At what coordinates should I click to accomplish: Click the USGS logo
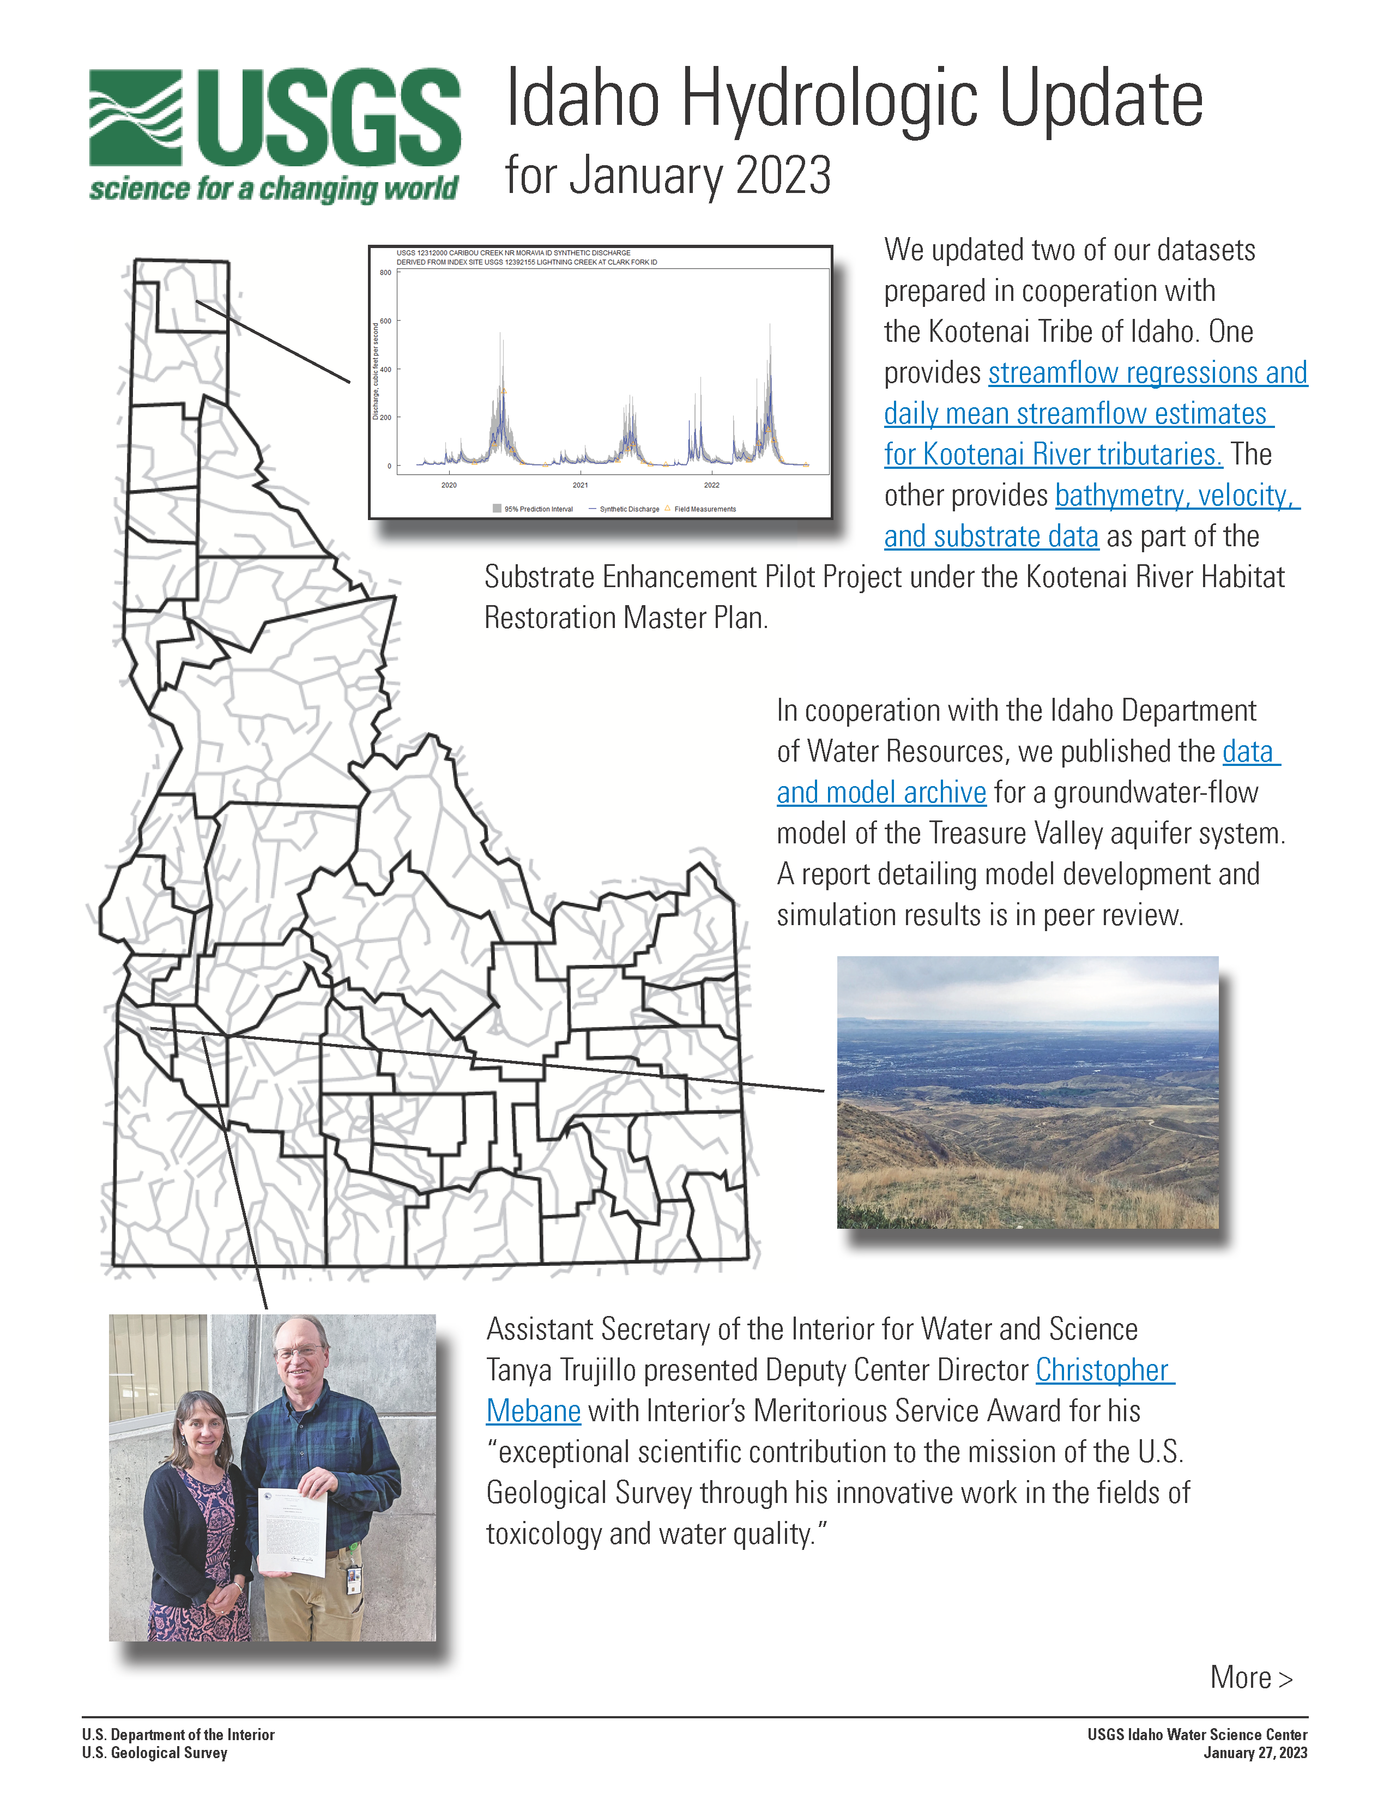pyautogui.click(x=274, y=134)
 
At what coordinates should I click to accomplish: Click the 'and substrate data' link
pyautogui.click(x=990, y=537)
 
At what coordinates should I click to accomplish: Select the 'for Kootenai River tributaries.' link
pyautogui.click(x=1053, y=455)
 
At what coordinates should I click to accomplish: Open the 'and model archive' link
pyautogui.click(x=881, y=793)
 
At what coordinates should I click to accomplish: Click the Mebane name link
pyautogui.click(x=533, y=1411)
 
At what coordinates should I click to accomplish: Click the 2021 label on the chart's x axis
pyautogui.click(x=580, y=485)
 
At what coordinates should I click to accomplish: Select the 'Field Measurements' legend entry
pyautogui.click(x=704, y=509)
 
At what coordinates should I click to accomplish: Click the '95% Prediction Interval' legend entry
pyautogui.click(x=537, y=509)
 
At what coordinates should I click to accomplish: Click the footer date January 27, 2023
pyautogui.click(x=1255, y=1753)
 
